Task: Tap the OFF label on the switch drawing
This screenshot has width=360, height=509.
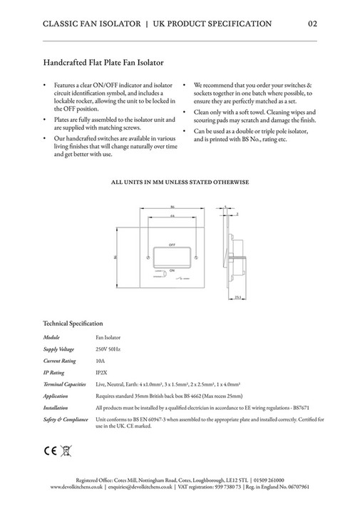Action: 172,245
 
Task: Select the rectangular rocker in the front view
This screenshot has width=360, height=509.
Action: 173,257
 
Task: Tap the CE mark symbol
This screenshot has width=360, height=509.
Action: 51,451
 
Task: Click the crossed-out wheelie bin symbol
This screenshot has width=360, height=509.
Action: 66,451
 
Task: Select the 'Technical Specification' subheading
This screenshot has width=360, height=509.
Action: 73,323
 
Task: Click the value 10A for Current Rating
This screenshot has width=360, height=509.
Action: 99,361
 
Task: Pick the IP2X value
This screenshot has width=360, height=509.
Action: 101,372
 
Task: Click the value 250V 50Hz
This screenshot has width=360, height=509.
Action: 108,350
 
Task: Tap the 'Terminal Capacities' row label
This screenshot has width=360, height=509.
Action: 63,384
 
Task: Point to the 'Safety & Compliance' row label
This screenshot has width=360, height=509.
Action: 65,419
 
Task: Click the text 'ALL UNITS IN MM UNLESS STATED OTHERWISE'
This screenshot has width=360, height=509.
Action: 180,182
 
